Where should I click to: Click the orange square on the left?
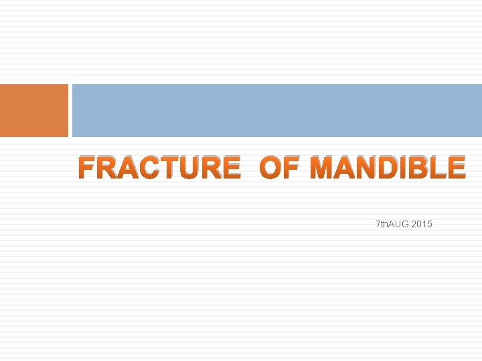[x=33, y=110]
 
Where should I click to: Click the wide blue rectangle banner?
[x=276, y=110]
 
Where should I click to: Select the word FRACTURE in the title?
[x=159, y=168]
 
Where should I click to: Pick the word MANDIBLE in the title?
[x=388, y=168]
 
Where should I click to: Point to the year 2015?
[x=422, y=224]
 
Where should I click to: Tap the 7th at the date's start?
[x=382, y=224]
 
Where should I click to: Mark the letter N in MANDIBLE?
[x=368, y=168]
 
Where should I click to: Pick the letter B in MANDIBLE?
[x=420, y=168]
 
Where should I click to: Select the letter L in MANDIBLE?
[x=438, y=168]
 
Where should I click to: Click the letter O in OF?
[x=270, y=168]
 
